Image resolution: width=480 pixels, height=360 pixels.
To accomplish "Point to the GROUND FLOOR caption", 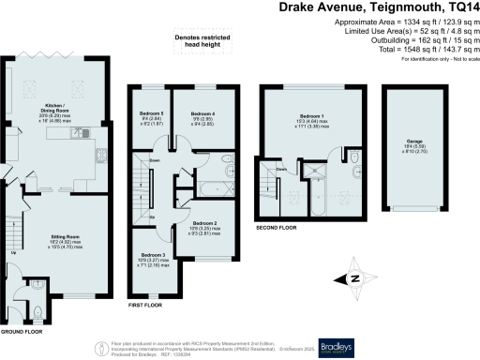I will [21, 332].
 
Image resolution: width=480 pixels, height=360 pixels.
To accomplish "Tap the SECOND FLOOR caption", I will [277, 228].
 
